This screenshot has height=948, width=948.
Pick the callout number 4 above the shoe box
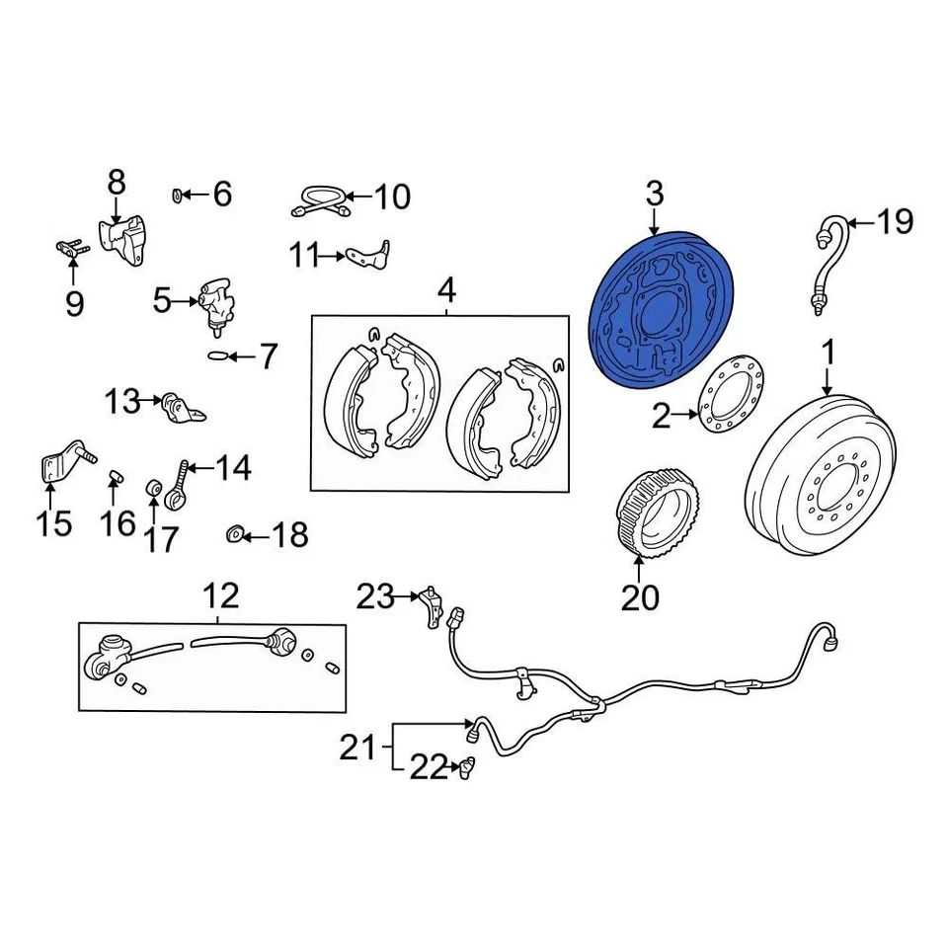tap(446, 291)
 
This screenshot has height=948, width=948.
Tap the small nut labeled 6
tap(179, 194)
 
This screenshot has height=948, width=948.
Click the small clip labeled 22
tap(465, 765)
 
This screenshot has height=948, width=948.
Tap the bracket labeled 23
tap(429, 601)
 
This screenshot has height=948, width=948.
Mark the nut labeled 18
tap(235, 535)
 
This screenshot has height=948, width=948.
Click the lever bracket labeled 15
tap(61, 462)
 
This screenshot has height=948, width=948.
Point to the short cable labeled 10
tap(319, 201)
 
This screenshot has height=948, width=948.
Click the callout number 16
tap(118, 521)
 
